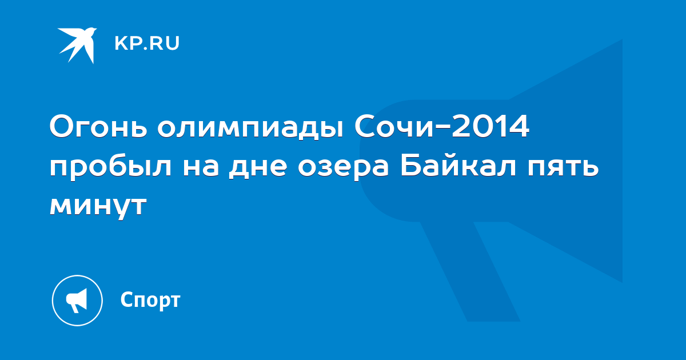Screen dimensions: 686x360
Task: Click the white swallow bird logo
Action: point(77,45)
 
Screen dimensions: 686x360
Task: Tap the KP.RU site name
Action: point(147,43)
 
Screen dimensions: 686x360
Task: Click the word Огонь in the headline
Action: point(98,127)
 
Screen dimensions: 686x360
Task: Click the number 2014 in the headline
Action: point(490,126)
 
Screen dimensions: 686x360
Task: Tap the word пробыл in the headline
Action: point(110,169)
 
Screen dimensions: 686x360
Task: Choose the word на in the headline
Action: point(201,168)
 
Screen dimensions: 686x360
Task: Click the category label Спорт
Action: point(150,301)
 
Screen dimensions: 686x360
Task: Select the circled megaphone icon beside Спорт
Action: point(77,301)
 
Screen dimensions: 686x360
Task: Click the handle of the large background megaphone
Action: point(470,271)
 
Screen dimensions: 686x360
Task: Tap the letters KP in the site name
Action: point(126,43)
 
